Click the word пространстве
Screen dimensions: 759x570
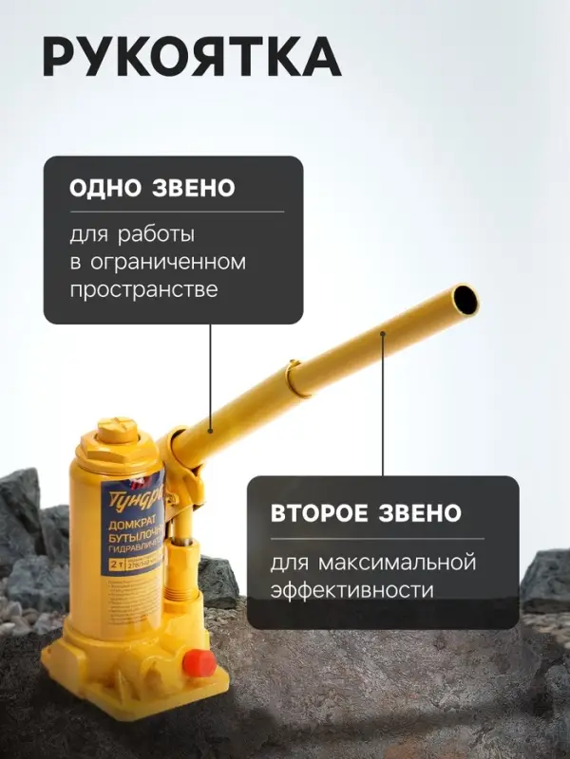(x=143, y=289)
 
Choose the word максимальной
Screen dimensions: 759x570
(x=399, y=564)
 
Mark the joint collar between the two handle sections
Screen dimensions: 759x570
(x=296, y=377)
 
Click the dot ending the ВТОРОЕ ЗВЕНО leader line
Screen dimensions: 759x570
(x=383, y=333)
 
